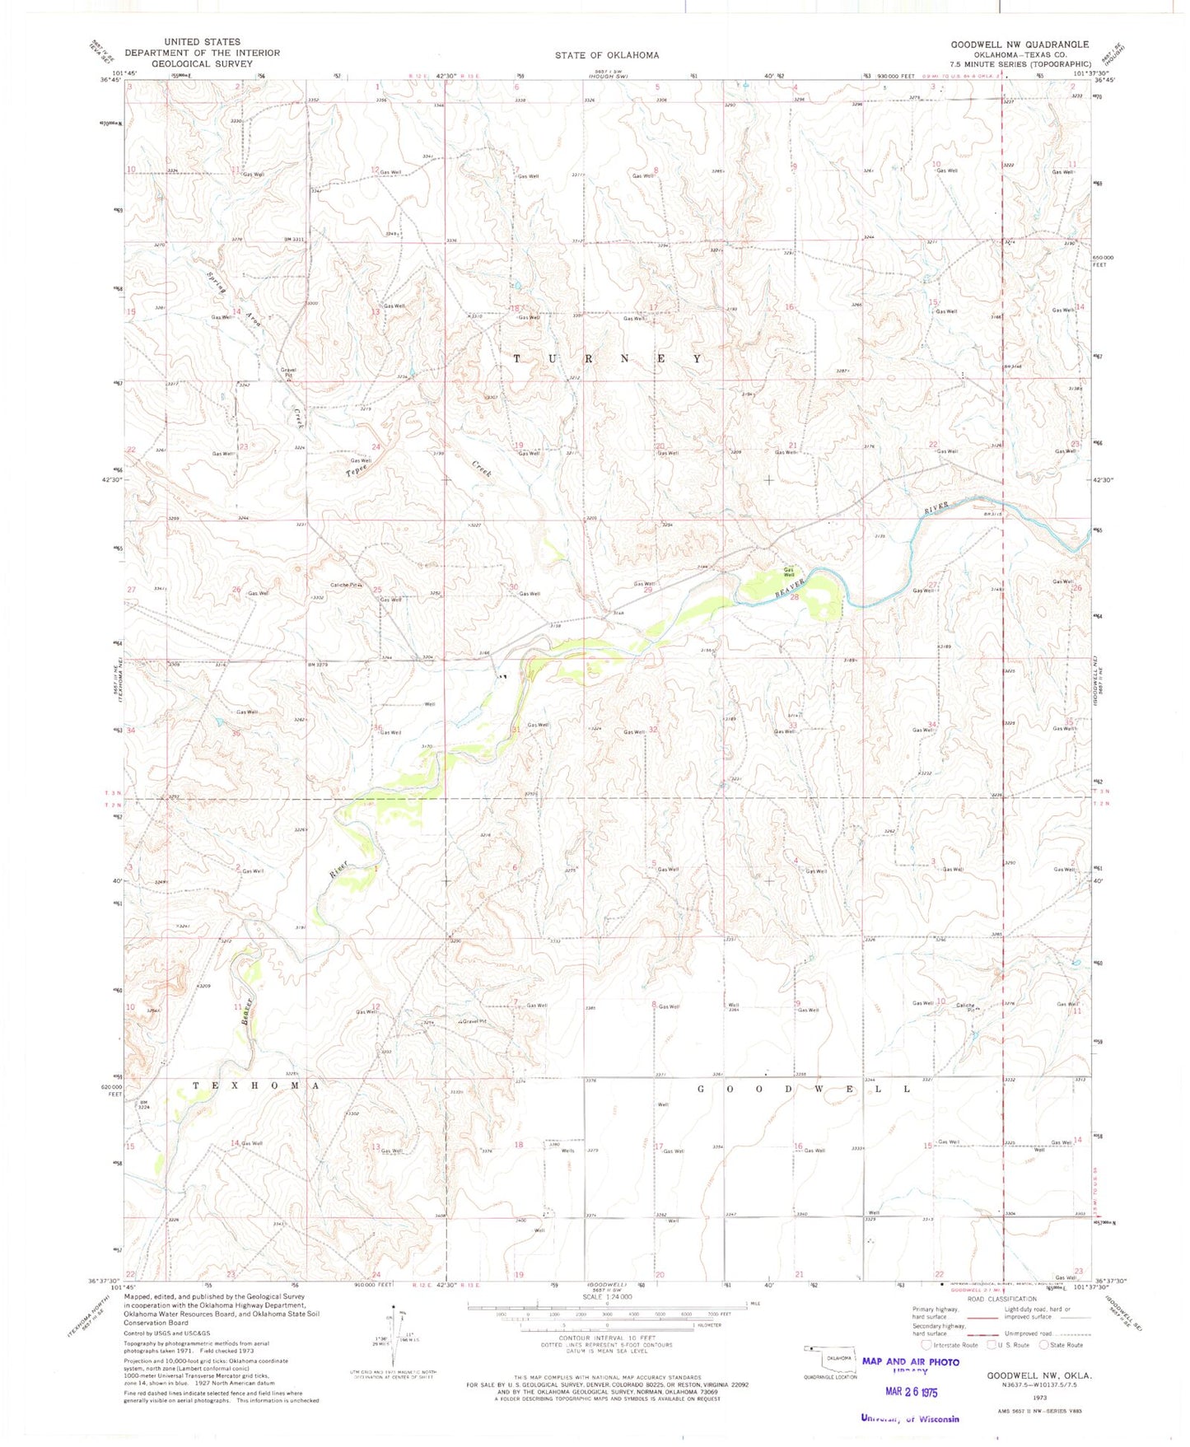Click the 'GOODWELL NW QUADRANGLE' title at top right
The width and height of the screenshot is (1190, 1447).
pos(1020,44)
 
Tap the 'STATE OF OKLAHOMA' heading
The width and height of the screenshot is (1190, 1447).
pos(606,55)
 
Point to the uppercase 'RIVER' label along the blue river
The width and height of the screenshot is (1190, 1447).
pos(936,508)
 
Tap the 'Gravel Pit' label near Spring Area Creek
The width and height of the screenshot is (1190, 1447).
pos(288,372)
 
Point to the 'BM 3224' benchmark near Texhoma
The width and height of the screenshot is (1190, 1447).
pos(144,1105)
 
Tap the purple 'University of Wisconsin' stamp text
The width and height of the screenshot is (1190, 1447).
pos(909,1418)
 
